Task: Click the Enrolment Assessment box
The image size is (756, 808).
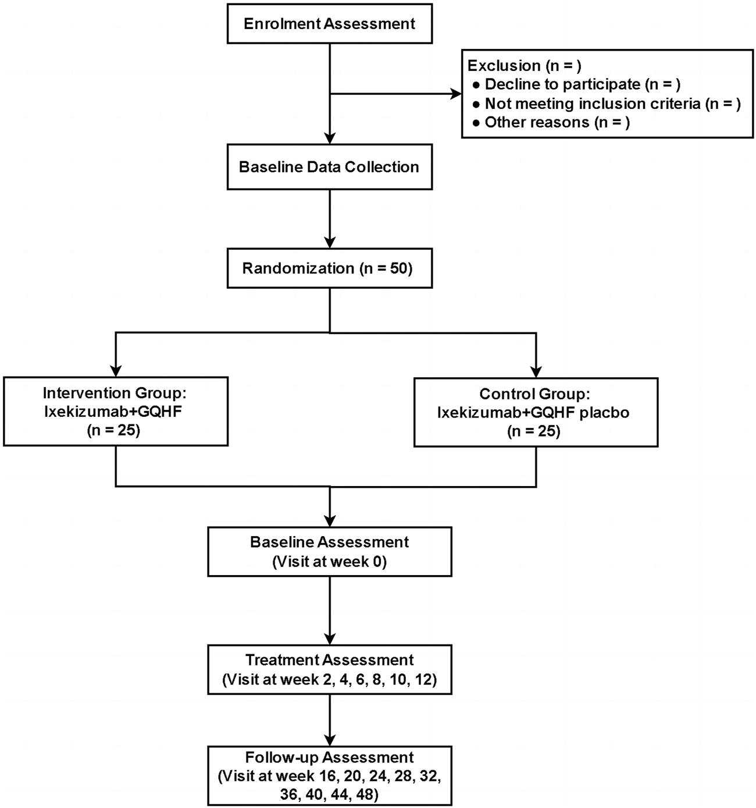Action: (x=329, y=24)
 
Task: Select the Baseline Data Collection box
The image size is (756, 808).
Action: (x=329, y=167)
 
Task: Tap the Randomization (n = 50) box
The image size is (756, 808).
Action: (x=329, y=268)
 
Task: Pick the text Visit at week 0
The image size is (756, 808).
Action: (x=329, y=562)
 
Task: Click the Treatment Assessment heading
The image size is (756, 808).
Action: (x=329, y=660)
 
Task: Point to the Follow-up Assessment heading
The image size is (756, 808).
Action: (x=329, y=757)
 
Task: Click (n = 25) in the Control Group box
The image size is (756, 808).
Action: (x=534, y=431)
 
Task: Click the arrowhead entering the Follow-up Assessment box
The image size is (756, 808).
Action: (x=330, y=739)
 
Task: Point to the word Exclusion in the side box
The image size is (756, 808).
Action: (x=504, y=66)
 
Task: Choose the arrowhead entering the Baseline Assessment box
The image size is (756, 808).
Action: (x=330, y=520)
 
